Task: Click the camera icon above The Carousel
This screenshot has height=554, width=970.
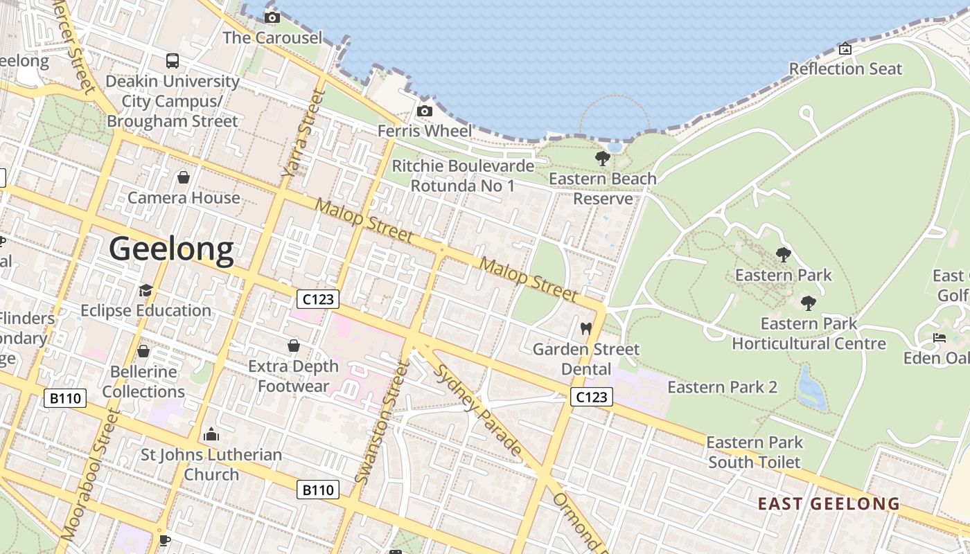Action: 272,17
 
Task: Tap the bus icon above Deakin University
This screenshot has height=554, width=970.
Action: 173,61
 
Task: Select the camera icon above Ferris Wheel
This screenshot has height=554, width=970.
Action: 425,111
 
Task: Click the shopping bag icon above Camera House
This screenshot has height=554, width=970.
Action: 184,178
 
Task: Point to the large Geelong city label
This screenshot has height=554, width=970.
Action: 172,249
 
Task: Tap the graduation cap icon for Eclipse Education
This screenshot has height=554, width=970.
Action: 145,290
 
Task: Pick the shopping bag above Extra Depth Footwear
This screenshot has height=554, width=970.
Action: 294,346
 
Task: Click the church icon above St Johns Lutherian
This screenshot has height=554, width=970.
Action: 211,435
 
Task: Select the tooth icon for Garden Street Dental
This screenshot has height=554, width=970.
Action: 585,329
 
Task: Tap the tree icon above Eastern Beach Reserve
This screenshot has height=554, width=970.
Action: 603,159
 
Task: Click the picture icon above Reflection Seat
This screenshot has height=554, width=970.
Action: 845,48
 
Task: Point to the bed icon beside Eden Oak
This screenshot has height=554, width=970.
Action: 940,338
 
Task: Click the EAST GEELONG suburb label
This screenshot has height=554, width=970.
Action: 829,503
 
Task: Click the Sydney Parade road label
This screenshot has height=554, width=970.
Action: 477,410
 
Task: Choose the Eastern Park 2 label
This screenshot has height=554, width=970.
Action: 722,387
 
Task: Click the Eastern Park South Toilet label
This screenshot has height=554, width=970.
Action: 755,452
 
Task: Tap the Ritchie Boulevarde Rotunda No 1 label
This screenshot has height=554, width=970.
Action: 463,176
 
